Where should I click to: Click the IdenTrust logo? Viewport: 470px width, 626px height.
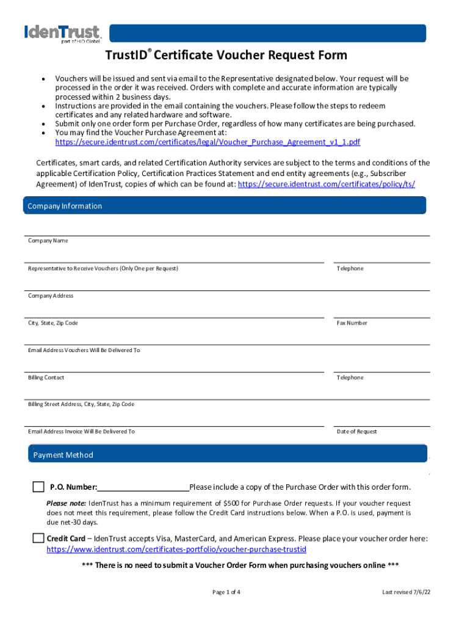click(62, 34)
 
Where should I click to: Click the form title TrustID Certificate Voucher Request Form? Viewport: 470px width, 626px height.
click(226, 56)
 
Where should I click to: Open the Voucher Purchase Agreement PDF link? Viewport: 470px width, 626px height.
click(208, 142)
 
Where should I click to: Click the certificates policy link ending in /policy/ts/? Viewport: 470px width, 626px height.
click(326, 184)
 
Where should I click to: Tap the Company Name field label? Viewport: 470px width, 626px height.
click(48, 241)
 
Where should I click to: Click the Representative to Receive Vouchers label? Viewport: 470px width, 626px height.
click(103, 269)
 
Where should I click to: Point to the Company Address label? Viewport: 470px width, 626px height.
click(51, 296)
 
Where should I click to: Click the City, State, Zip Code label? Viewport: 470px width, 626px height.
click(53, 323)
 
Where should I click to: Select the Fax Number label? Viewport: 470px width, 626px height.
click(352, 323)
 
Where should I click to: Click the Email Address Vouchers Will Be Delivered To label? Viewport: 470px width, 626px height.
click(84, 350)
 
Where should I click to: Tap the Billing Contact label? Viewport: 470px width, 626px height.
click(46, 378)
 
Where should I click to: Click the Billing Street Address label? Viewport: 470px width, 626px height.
click(81, 405)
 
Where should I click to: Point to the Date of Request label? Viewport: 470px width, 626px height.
click(357, 432)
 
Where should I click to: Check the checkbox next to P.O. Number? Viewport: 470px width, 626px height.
click(38, 487)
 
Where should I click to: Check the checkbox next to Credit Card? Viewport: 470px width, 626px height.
click(38, 539)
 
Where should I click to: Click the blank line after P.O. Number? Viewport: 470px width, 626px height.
click(143, 488)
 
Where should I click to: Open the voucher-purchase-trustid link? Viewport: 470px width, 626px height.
click(176, 550)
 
